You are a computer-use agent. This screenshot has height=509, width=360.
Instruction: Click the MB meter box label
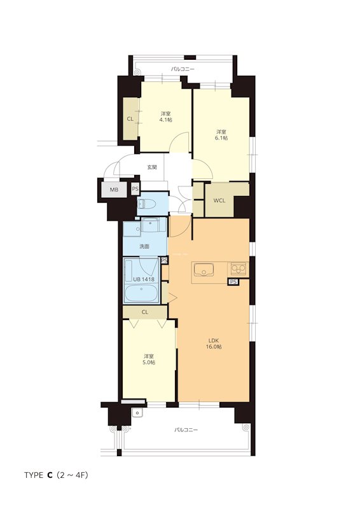[x=114, y=190]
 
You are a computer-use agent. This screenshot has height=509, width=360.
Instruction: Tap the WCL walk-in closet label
[x=219, y=200]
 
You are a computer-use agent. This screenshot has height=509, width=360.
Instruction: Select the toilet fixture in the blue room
[x=147, y=204]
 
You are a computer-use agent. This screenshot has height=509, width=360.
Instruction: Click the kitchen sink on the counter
[x=204, y=269]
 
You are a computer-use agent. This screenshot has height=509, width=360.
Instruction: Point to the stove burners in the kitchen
[x=239, y=268]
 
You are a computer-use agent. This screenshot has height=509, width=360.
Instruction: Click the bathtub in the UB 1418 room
[x=142, y=293]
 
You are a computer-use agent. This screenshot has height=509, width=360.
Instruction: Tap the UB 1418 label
[x=144, y=279]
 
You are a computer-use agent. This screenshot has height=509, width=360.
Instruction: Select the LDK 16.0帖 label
[x=214, y=344]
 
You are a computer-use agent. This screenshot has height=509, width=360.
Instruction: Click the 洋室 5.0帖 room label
[x=149, y=359]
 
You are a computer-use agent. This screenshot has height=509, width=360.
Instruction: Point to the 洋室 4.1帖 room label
[x=165, y=117]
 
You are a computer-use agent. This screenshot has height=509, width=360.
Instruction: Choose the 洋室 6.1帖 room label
[x=222, y=135]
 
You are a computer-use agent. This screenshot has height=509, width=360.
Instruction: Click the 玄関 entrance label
[x=152, y=167]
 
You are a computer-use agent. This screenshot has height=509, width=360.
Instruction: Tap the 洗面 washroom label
[x=144, y=246]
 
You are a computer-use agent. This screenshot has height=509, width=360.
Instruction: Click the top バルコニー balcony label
[x=183, y=69]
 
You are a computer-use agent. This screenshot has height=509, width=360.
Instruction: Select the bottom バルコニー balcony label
[x=186, y=430]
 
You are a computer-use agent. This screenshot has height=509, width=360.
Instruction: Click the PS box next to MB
[x=135, y=189]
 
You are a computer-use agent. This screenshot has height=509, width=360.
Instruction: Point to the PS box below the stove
[x=233, y=282]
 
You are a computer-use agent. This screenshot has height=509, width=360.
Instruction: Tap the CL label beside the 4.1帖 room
[x=130, y=119]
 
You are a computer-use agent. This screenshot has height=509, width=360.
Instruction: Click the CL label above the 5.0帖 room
[x=145, y=312]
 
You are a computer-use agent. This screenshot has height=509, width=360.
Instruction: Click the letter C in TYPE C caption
[x=50, y=475]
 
